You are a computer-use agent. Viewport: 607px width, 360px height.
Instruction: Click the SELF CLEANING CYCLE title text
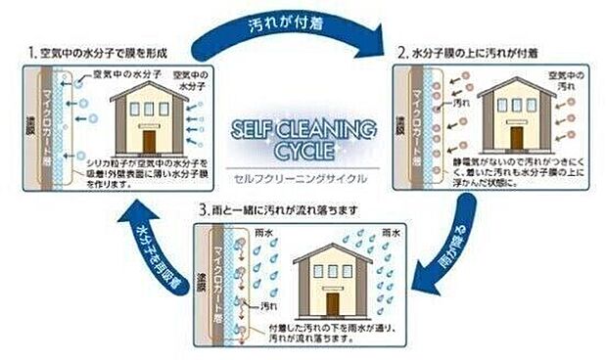[302, 140]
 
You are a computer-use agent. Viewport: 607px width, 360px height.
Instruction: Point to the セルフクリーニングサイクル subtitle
[298, 176]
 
